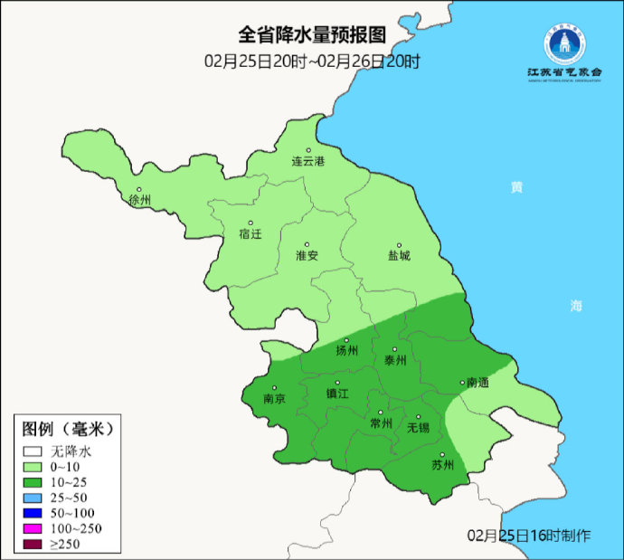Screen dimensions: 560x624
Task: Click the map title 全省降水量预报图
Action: tap(312, 35)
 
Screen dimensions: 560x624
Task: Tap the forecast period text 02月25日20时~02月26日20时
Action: tap(312, 62)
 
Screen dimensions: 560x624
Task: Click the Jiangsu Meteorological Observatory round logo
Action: tap(564, 42)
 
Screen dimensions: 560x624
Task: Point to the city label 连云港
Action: tap(307, 161)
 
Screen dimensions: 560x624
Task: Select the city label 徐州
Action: tap(140, 200)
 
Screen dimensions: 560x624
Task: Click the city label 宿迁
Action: tap(251, 233)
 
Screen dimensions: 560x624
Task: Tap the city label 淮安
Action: tap(307, 255)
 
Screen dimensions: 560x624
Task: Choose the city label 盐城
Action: tap(398, 255)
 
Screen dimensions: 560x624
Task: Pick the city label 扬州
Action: tap(347, 350)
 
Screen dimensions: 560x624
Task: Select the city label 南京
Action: tap(274, 398)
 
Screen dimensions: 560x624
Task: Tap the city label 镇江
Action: tap(337, 394)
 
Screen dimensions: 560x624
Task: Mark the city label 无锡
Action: tap(418, 426)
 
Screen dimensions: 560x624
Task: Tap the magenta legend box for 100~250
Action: tap(33, 527)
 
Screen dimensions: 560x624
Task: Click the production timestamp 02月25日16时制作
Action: tap(530, 536)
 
